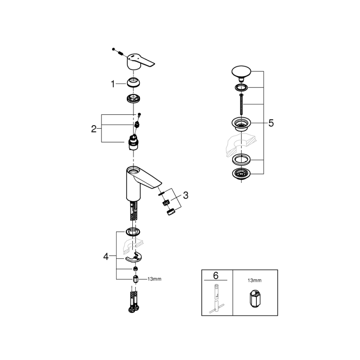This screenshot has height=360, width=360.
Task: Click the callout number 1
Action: click(113, 84)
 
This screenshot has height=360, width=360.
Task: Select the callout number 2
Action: click(94, 129)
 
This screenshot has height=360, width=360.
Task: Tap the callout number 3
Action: click(185, 195)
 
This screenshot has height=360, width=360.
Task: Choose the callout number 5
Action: click(271, 123)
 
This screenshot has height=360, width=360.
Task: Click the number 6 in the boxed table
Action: click(216, 275)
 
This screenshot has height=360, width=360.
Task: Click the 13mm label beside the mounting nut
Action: click(154, 279)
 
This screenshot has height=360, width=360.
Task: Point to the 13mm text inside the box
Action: click(255, 281)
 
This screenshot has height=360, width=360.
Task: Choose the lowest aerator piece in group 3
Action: click(169, 212)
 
